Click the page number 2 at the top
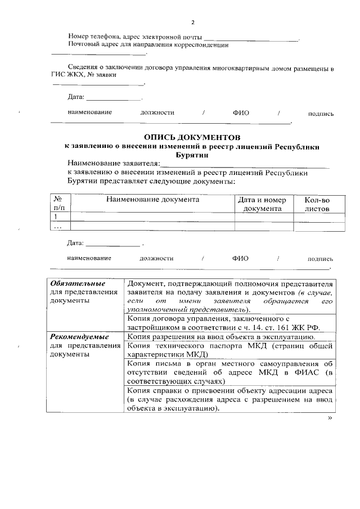pyautogui.click(x=192, y=22)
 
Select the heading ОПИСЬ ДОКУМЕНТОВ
pyautogui.click(x=192, y=137)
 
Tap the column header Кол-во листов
pyautogui.click(x=317, y=204)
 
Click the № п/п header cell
pyautogui.click(x=58, y=204)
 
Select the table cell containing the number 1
pyautogui.click(x=56, y=217)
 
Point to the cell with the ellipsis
pyautogui.click(x=57, y=227)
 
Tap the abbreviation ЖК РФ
pyautogui.click(x=322, y=326)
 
